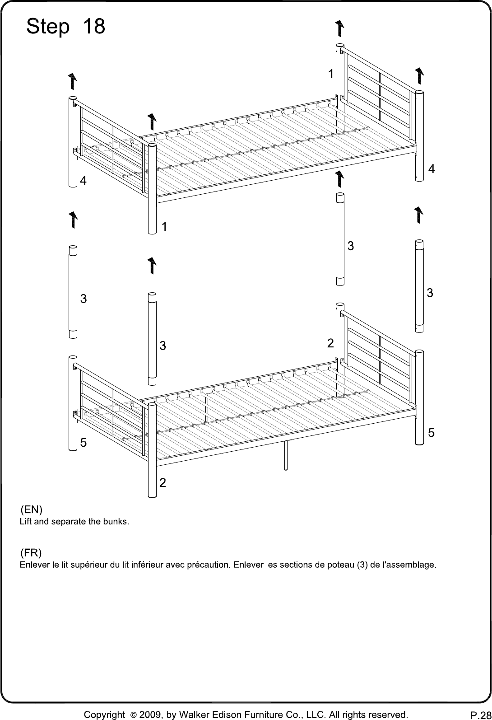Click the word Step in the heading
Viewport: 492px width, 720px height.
tap(48, 27)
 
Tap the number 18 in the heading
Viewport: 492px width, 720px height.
tap(94, 26)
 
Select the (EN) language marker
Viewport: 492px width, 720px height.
tap(31, 510)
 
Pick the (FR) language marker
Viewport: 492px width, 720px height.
tap(31, 552)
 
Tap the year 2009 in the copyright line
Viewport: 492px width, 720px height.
tap(150, 715)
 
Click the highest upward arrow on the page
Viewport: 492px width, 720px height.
tap(339, 28)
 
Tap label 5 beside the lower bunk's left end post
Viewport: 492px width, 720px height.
tap(83, 443)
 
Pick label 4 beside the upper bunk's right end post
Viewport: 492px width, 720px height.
tap(432, 169)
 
